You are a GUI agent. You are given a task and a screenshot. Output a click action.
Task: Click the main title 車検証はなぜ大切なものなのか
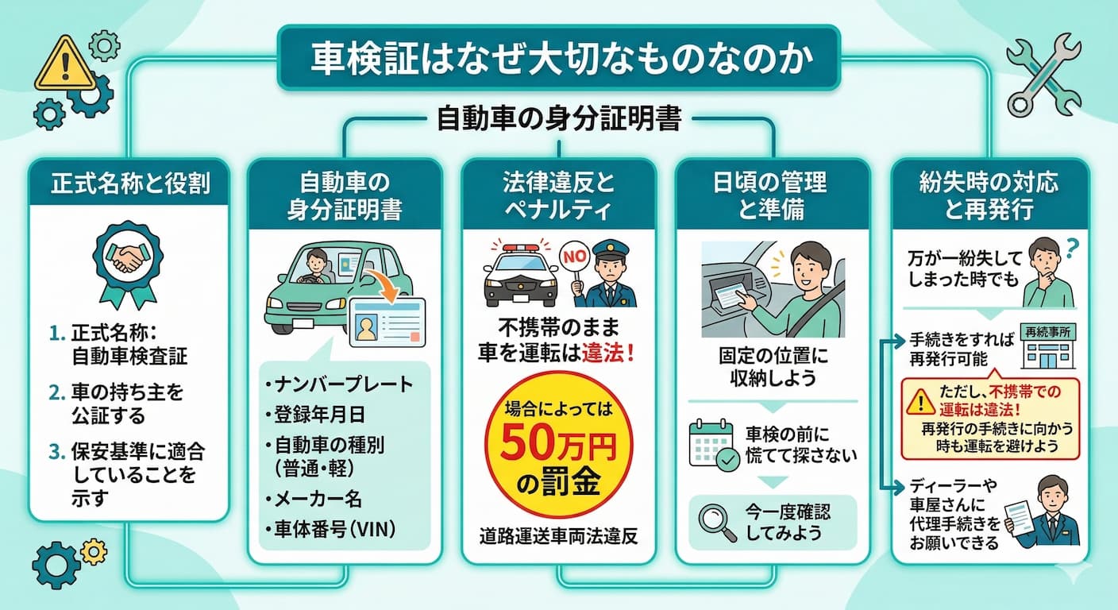558,60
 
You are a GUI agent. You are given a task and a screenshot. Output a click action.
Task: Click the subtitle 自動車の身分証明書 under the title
558,121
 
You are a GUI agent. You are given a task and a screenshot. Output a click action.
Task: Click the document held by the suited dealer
1021,516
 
